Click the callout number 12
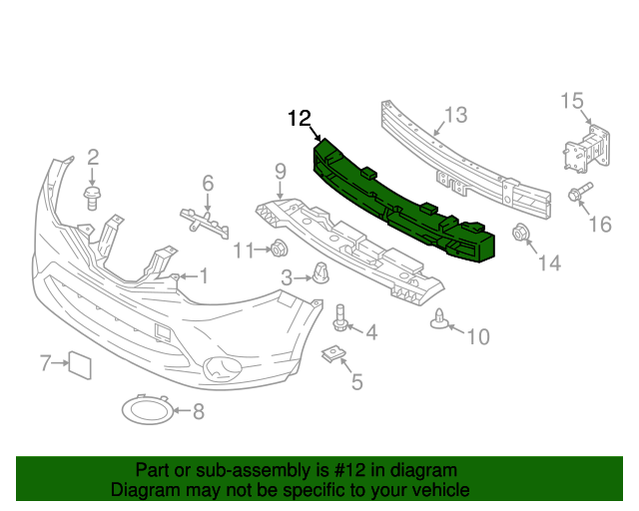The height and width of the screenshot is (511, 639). (x=300, y=119)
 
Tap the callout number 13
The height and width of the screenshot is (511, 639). (x=455, y=115)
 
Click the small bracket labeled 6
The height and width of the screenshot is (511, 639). (x=205, y=219)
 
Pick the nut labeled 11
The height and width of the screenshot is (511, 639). (x=280, y=250)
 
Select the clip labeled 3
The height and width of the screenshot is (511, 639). (x=319, y=271)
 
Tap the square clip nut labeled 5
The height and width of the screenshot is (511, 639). (x=331, y=353)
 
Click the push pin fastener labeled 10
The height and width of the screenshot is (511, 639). (x=439, y=319)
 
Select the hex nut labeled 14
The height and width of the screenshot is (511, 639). (x=519, y=235)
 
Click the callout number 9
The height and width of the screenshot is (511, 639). (x=281, y=171)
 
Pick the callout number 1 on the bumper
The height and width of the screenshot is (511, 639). (x=203, y=275)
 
